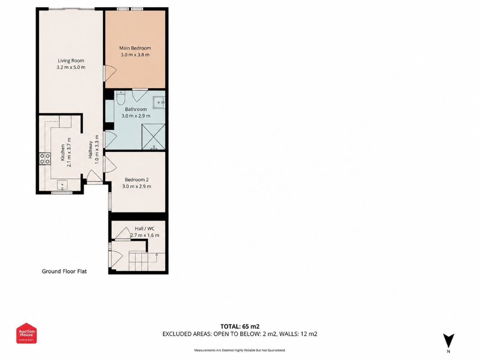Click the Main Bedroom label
coord(135,48)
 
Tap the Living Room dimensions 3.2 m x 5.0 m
coord(71,67)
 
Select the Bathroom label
coord(135,109)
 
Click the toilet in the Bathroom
coord(121,97)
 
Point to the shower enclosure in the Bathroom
coord(153,137)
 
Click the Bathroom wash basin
coord(159,102)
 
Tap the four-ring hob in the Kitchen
coord(45,158)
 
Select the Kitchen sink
coord(63,185)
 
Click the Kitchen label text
coord(63,153)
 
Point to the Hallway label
coord(90,150)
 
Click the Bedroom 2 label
coord(136,180)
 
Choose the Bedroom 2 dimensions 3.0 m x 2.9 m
coord(136,186)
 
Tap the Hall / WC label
coord(145,229)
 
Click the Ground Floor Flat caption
coord(64,271)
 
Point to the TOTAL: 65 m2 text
coord(240,326)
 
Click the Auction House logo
coord(27,333)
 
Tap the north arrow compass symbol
coord(449,341)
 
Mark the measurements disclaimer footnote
coord(240,350)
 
